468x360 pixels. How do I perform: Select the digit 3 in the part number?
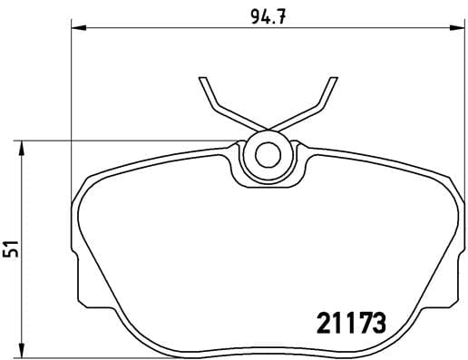point(380,321)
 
